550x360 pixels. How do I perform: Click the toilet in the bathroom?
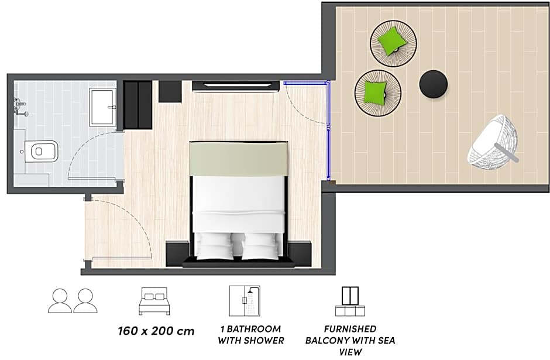42,152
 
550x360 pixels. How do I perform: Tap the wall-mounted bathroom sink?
20,107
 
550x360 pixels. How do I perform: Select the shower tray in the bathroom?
103,107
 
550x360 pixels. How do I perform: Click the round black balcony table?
434,84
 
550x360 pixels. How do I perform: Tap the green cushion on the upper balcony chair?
392,40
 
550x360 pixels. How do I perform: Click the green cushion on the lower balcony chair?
375,92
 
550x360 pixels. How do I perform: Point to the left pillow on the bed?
214,246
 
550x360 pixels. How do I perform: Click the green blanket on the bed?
239,158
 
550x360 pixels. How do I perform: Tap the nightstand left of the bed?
177,253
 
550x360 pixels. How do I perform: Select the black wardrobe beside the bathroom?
137,105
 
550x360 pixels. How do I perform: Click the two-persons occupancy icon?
73,301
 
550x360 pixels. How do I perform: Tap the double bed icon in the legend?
154,301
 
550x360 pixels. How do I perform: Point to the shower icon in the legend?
245,301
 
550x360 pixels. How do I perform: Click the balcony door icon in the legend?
350,301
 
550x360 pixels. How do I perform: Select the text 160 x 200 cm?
156,331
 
